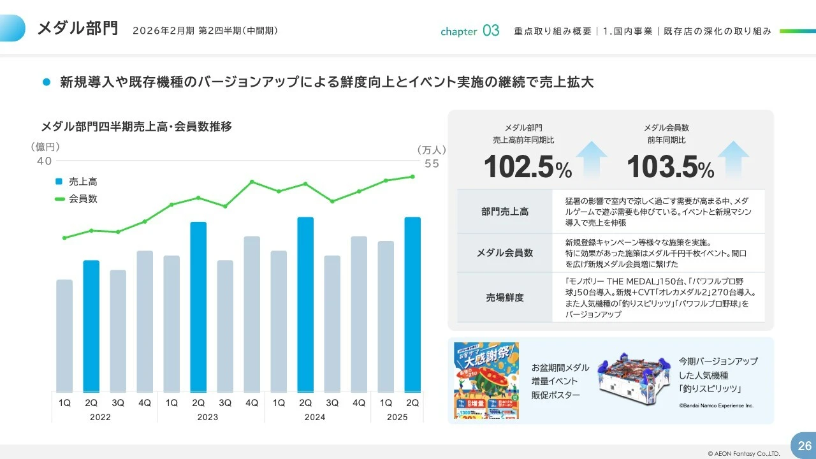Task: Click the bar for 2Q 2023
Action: click(x=198, y=307)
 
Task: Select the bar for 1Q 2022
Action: click(x=64, y=335)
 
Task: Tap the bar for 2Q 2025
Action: click(x=412, y=305)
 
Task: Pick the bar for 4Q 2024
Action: click(x=359, y=314)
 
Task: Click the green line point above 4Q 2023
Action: click(x=252, y=182)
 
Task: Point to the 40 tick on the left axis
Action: click(x=44, y=161)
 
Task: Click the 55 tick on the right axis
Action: click(x=432, y=163)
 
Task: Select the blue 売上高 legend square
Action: click(x=59, y=182)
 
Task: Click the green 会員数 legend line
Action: click(x=60, y=199)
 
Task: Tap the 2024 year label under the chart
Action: click(x=314, y=418)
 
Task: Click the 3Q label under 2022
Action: click(x=118, y=403)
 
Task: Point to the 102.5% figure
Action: click(x=527, y=167)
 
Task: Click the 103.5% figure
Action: click(x=670, y=167)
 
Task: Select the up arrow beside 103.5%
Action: click(x=733, y=159)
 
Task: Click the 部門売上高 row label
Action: click(x=504, y=212)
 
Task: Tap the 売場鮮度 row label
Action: click(x=504, y=297)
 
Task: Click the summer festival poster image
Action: click(x=486, y=381)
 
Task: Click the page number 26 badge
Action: click(x=804, y=445)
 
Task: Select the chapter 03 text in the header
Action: click(x=470, y=31)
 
